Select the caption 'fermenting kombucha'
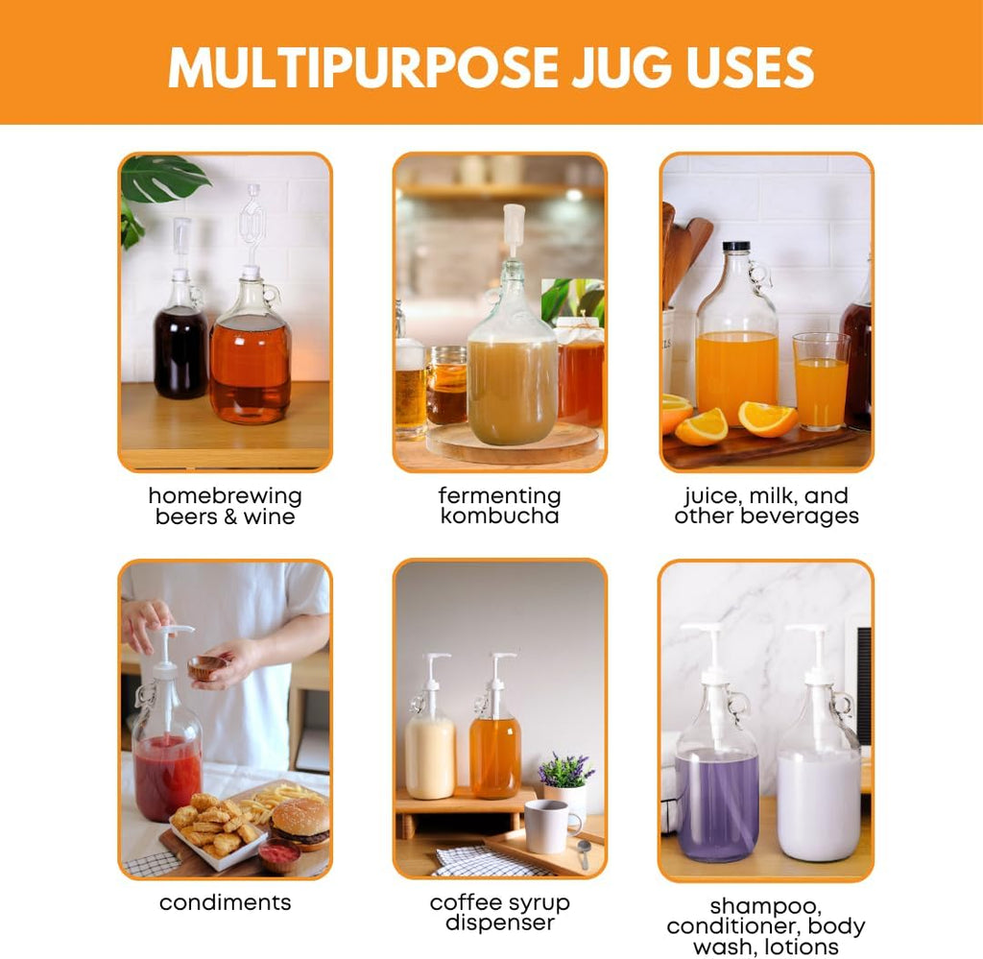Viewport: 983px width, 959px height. [x=499, y=506]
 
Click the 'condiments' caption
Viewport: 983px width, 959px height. [x=225, y=902]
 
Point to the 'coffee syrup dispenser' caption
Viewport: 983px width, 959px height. [x=499, y=913]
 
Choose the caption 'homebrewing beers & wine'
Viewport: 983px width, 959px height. [x=225, y=506]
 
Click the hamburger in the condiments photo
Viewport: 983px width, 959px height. [x=300, y=824]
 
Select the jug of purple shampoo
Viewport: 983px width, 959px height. [x=717, y=787]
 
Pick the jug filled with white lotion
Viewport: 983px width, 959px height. [x=818, y=787]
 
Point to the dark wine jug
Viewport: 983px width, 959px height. [x=181, y=346]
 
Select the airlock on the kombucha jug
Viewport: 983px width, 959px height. [x=515, y=230]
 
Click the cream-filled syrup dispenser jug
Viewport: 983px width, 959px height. [x=429, y=749]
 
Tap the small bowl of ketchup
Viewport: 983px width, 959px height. [x=278, y=854]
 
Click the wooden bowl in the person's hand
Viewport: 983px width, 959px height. [x=206, y=666]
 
